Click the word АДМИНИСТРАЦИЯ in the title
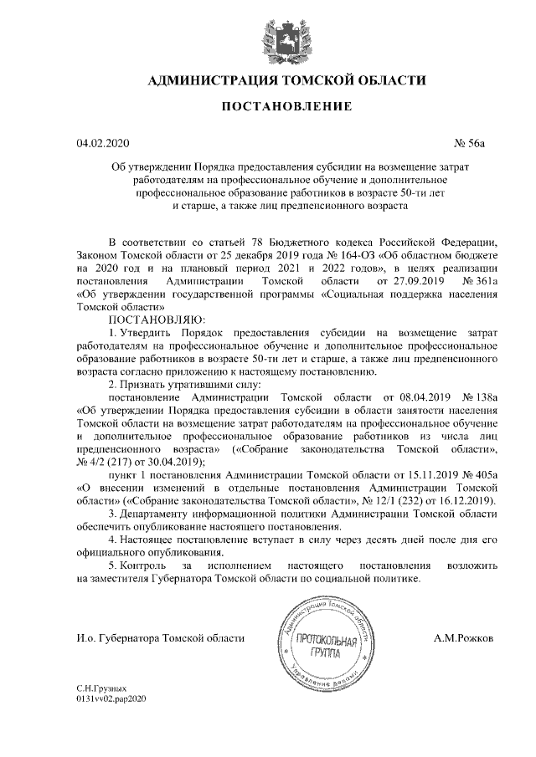tap(212, 81)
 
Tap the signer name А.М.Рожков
tap(463, 638)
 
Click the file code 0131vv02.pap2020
tap(111, 697)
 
